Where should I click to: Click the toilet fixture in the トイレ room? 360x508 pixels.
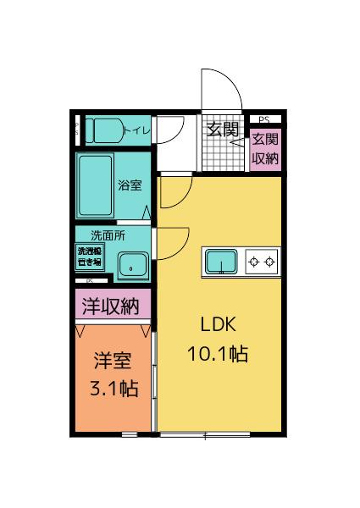click(104, 130)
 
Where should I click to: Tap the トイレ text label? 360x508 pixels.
click(137, 130)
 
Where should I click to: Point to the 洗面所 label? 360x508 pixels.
click(107, 236)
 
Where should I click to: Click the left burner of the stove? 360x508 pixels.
click(253, 262)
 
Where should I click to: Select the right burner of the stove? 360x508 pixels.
click(270, 262)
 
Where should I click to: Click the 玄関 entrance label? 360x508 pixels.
click(223, 130)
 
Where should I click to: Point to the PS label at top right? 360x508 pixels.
click(264, 119)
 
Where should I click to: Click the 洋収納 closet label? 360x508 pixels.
click(110, 306)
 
